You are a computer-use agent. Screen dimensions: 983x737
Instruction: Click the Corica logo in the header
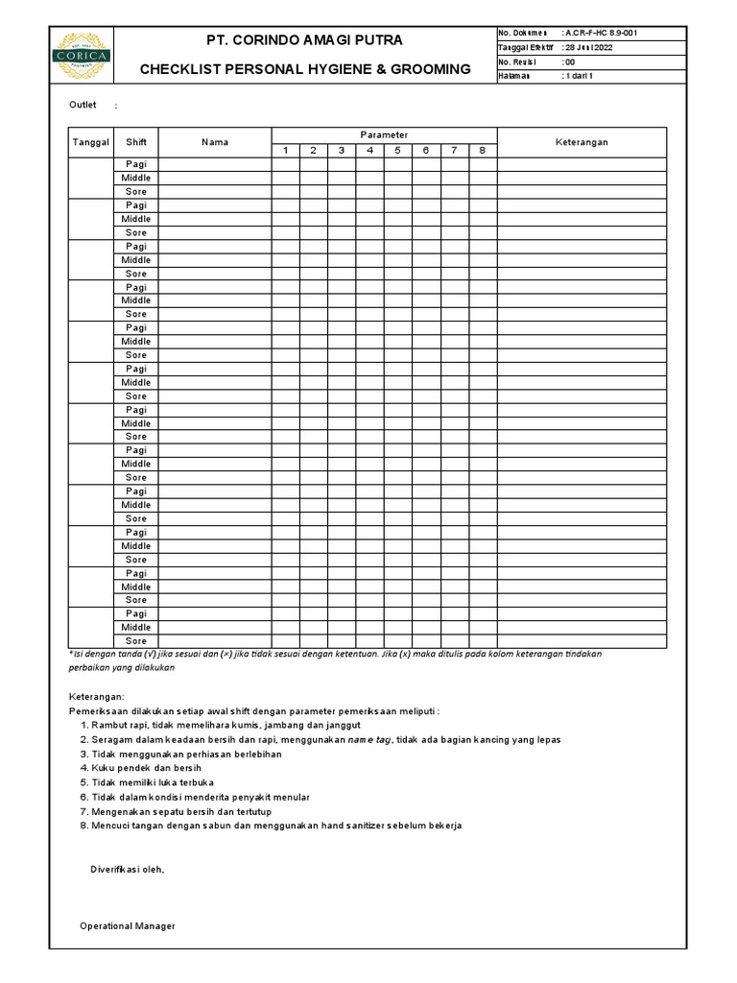(82, 56)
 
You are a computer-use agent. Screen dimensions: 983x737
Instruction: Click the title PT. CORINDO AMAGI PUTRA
(305, 40)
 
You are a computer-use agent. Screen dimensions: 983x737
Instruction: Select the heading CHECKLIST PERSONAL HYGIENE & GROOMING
(305, 69)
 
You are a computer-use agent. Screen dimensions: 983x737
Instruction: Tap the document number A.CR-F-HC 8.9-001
(600, 33)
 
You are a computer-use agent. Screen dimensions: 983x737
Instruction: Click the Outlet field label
(83, 105)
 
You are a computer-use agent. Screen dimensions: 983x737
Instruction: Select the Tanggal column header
(91, 142)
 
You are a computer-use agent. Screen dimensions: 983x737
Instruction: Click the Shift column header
(136, 142)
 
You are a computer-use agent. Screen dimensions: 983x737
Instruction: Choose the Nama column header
(215, 142)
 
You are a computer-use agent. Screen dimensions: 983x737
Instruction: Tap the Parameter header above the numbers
(384, 135)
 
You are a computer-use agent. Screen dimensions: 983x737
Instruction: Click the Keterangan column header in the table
(582, 142)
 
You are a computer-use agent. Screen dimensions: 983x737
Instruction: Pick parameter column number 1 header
(285, 151)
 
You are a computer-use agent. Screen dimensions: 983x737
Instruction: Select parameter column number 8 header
(483, 151)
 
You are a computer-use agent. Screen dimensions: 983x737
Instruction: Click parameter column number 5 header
(398, 151)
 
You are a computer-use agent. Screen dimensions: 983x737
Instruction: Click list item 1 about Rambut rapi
(221, 725)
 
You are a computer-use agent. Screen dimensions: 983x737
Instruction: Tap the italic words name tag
(368, 739)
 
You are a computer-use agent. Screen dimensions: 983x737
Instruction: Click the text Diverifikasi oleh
(128, 870)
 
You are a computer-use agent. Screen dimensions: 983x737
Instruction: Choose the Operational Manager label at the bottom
(127, 926)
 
